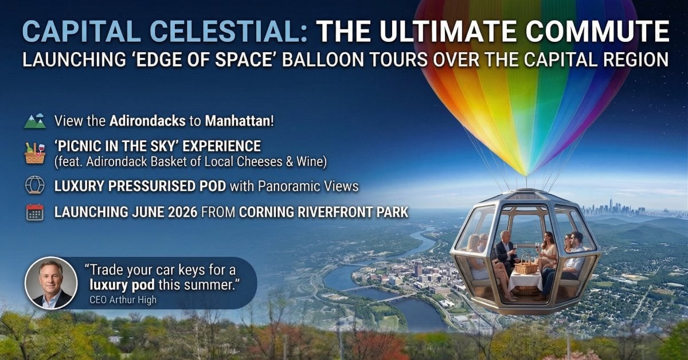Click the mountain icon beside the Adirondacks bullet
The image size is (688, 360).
click(x=35, y=122)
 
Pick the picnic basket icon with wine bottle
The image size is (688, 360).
click(x=35, y=153)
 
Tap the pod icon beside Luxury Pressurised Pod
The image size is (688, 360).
click(x=35, y=186)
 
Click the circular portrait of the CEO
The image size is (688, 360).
click(x=51, y=283)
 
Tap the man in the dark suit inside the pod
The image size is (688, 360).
click(x=505, y=252)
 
